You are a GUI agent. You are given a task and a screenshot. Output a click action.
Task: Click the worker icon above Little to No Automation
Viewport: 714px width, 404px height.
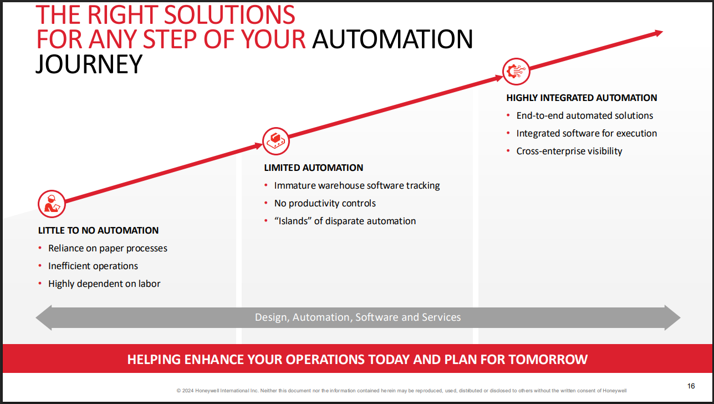[x=52, y=204]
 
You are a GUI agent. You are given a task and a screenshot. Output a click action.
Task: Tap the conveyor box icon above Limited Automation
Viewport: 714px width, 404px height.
[x=276, y=140]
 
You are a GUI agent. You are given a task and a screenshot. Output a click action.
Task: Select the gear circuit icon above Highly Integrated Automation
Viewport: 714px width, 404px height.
[x=516, y=71]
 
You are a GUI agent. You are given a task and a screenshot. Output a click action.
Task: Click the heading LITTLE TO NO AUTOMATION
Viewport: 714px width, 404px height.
[x=98, y=230]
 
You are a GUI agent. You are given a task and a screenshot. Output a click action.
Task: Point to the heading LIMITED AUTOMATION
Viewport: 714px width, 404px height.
[x=313, y=168]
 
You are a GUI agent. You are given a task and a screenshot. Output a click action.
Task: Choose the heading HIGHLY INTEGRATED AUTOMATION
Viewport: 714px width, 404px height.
[x=582, y=98]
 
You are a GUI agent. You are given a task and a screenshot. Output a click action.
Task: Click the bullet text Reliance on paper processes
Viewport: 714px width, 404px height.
[x=108, y=248]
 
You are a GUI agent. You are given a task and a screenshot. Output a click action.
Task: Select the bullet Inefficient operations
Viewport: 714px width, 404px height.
[x=93, y=266]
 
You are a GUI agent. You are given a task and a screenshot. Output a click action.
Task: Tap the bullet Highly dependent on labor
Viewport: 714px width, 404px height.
[x=104, y=284]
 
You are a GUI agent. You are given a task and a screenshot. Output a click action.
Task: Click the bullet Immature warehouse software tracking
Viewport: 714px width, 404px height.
[x=357, y=185]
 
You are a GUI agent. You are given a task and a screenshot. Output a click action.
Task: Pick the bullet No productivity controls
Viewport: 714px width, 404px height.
[x=325, y=203]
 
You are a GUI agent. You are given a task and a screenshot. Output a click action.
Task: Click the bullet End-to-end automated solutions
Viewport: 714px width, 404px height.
[x=585, y=115]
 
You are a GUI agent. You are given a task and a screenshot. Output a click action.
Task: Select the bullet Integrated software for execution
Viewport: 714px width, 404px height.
[x=586, y=133]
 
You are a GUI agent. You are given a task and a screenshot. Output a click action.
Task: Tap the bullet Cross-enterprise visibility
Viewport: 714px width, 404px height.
[x=569, y=151]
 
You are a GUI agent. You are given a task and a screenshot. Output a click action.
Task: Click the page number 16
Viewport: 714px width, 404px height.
[x=691, y=386]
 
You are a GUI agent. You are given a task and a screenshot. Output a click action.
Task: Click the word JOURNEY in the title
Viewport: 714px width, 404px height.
[x=89, y=64]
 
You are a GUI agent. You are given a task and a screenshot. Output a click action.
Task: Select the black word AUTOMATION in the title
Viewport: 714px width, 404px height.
[x=392, y=39]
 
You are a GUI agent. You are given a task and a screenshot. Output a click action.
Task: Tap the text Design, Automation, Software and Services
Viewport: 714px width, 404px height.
[x=358, y=317]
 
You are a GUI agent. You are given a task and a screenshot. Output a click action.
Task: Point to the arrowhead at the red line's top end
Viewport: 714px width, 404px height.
[x=659, y=33]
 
